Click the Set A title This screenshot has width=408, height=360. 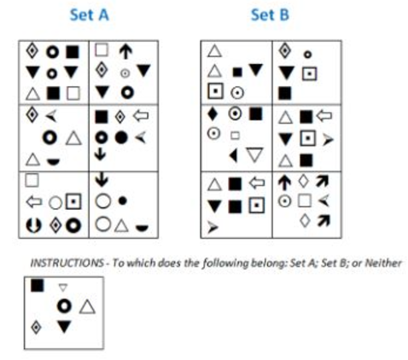pyautogui.click(x=90, y=15)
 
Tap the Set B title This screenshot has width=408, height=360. pyautogui.click(x=270, y=15)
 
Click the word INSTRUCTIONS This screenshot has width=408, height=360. pyautogui.click(x=67, y=263)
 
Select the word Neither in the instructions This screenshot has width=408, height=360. pyautogui.click(x=383, y=263)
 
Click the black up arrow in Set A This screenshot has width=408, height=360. pyautogui.click(x=125, y=51)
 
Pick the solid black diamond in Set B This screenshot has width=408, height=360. pyautogui.click(x=213, y=114)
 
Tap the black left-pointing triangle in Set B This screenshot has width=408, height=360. pyautogui.click(x=233, y=156)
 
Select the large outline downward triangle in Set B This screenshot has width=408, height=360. pyautogui.click(x=254, y=155)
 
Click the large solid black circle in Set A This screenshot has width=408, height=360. pyautogui.click(x=121, y=137)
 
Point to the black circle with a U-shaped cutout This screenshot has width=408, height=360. pyautogui.click(x=33, y=225)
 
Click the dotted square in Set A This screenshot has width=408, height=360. pyautogui.click(x=73, y=201)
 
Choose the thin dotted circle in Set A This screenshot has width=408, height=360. pyautogui.click(x=125, y=73)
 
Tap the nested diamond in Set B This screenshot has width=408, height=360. pyautogui.click(x=284, y=51)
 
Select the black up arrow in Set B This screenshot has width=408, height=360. pyautogui.click(x=284, y=183)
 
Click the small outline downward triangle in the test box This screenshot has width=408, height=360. pyautogui.click(x=63, y=287)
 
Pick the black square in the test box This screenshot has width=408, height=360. pyautogui.click(x=38, y=286)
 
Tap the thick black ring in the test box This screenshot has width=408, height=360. pyautogui.click(x=64, y=306)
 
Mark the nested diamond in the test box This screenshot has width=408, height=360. pyautogui.click(x=36, y=328)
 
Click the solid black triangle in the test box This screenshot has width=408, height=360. pyautogui.click(x=64, y=327)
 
